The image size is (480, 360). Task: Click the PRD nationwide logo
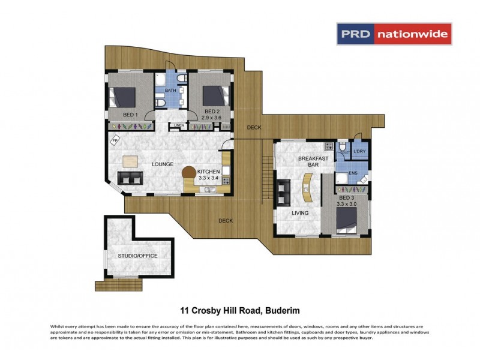(x=394, y=34)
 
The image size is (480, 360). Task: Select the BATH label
(x=170, y=91)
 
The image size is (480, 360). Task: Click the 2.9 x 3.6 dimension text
(x=212, y=119)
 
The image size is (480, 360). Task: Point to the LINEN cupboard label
(x=179, y=125)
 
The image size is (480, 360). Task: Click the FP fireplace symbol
(x=115, y=142)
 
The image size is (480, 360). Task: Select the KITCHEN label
(x=209, y=172)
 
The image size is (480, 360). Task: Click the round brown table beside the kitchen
(x=190, y=173)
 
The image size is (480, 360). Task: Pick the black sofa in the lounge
(x=130, y=178)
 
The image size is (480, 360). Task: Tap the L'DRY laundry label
(x=360, y=151)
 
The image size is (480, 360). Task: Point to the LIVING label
(x=300, y=213)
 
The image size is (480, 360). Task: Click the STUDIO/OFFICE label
(x=137, y=256)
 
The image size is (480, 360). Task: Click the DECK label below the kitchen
(x=226, y=220)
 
